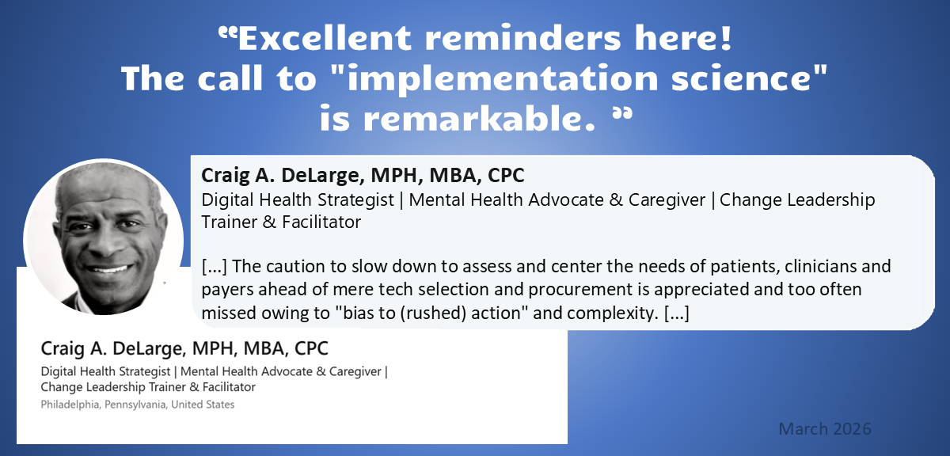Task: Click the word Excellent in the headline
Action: coord(325,38)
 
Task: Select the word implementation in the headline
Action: coord(502,79)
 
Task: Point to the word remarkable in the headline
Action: coord(480,118)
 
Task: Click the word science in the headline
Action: coord(741,78)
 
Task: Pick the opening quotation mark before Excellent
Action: coord(228,33)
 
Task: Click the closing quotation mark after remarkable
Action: coord(622,114)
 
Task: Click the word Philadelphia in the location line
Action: coord(70,405)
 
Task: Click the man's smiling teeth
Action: coord(109,268)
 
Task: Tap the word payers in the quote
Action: coord(228,291)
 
